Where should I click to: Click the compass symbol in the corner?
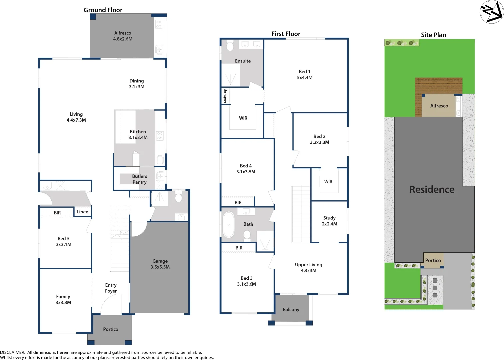click(492, 12)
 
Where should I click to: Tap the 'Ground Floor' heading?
click(103, 10)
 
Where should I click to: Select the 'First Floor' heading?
click(286, 34)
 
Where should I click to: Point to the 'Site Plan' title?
click(433, 35)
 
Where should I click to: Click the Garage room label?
click(160, 264)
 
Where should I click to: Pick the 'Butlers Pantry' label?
click(139, 179)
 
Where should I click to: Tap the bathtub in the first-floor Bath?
click(229, 224)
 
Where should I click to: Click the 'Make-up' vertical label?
click(225, 96)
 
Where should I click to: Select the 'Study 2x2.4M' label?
click(329, 221)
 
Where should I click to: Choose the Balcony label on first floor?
click(291, 310)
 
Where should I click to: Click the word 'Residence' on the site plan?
click(432, 189)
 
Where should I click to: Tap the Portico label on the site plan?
click(433, 260)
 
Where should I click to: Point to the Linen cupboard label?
click(82, 212)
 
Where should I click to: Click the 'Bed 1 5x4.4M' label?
click(305, 74)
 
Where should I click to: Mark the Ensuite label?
click(243, 61)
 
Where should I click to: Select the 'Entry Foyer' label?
click(111, 288)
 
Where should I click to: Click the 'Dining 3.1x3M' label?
click(137, 84)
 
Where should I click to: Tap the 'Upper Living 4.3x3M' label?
click(309, 267)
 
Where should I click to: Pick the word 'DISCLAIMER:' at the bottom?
click(13, 352)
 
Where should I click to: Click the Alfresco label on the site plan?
click(439, 106)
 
